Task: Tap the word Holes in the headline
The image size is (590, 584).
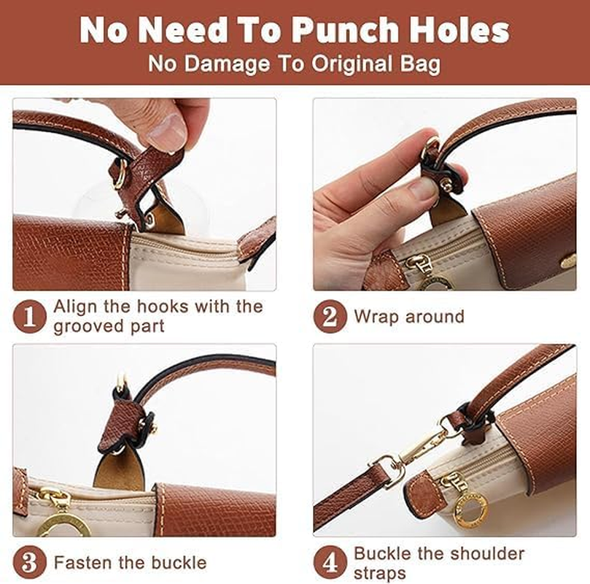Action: [458, 31]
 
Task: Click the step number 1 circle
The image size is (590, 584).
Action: [29, 316]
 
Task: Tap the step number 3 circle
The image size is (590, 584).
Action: [29, 563]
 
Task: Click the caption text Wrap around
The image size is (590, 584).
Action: [408, 317]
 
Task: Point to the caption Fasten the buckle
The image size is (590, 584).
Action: [130, 563]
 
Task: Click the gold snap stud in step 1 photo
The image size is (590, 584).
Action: [152, 220]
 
